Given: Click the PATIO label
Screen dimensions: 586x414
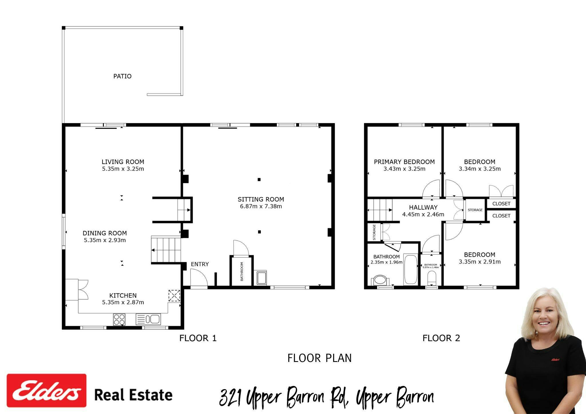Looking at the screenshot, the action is click(x=122, y=76).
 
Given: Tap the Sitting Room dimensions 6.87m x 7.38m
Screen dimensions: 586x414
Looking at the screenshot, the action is click(x=261, y=206).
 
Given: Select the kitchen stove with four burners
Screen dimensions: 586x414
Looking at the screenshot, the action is click(x=119, y=320).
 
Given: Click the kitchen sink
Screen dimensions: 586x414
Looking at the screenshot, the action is click(x=148, y=319).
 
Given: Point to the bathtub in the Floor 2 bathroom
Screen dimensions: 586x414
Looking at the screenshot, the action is click(x=411, y=269).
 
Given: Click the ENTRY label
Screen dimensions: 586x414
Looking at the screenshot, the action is click(x=200, y=264).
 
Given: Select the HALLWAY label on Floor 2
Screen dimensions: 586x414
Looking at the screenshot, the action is click(x=423, y=207).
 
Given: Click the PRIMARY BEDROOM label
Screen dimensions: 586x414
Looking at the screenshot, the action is click(x=404, y=162).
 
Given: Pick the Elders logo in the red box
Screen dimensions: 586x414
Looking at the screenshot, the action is click(x=47, y=391).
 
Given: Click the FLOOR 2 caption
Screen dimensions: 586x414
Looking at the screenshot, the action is click(x=441, y=338).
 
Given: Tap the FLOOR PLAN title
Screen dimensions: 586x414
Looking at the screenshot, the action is click(x=320, y=358).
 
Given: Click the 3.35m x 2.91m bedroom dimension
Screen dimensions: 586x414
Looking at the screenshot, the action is click(x=480, y=262).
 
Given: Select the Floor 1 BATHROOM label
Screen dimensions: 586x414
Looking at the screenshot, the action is click(x=242, y=271).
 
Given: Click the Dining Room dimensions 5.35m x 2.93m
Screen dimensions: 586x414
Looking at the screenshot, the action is click(x=105, y=240).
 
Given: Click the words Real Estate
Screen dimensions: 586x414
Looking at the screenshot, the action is click(x=133, y=395).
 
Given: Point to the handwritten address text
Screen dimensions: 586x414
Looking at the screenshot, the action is click(x=327, y=397).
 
